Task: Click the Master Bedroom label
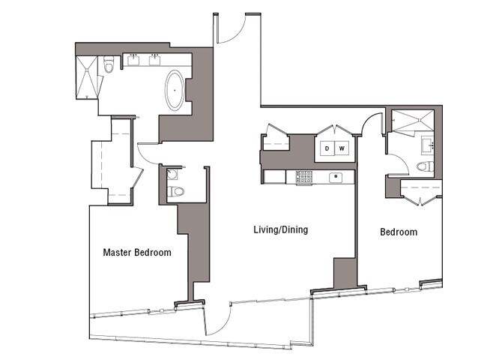(x=136, y=253)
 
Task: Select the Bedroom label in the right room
(x=398, y=232)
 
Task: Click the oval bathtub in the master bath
(x=175, y=90)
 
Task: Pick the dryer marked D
(x=327, y=148)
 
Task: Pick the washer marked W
(x=341, y=148)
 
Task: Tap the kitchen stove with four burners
(x=304, y=177)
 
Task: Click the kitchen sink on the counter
(x=336, y=177)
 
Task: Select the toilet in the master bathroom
(x=109, y=67)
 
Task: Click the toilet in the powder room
(x=176, y=191)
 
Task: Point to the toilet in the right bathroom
(x=424, y=166)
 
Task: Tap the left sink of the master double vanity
(x=134, y=60)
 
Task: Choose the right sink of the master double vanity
(x=157, y=60)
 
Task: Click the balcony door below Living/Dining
(x=217, y=320)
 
